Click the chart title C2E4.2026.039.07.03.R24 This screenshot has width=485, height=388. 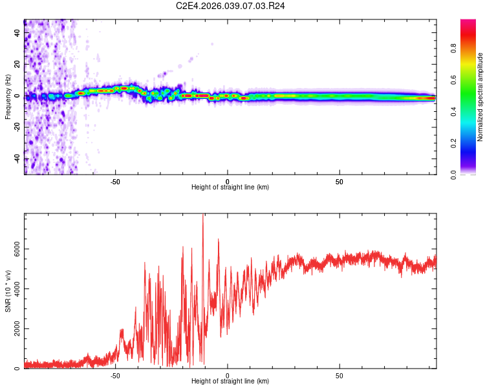coord(231,6)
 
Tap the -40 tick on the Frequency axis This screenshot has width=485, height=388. coord(16,158)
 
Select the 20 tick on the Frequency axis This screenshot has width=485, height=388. coord(16,64)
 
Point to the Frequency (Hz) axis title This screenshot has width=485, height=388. coord(8,96)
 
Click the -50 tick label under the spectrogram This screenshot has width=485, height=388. coord(115,181)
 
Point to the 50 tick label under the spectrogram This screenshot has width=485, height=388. coord(339,181)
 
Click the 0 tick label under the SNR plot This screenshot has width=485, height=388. coord(228,375)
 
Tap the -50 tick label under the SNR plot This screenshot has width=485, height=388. coord(115,375)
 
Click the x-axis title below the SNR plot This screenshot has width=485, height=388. coord(230,382)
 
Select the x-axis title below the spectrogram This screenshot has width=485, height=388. coord(230,188)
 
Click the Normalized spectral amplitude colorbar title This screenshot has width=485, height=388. coord(480,97)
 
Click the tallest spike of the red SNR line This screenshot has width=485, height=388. coord(203,215)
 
